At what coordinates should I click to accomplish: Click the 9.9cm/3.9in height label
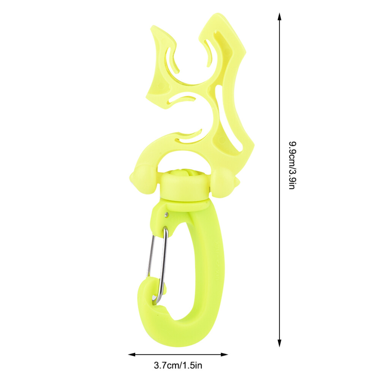tap(292, 166)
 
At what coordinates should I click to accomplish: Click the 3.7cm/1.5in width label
tap(178, 365)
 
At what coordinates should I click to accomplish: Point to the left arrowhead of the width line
tap(132, 354)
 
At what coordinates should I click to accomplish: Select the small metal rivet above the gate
tap(167, 214)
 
